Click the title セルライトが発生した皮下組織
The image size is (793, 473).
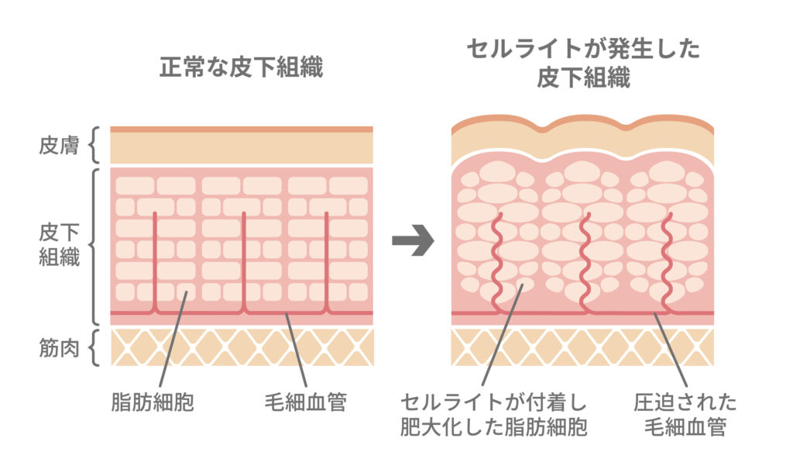(583, 64)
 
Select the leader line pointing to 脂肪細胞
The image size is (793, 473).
(172, 341)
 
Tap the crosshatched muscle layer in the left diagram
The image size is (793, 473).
(241, 347)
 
